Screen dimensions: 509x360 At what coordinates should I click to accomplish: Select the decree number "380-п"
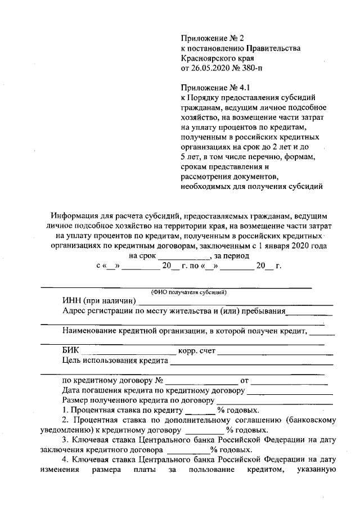[250, 68]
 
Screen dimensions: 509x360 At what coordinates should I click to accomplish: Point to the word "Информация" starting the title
[73, 215]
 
